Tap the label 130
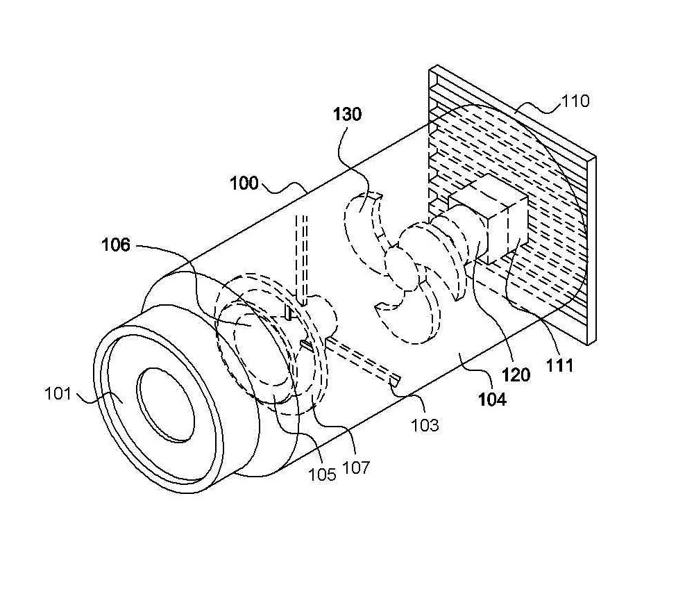(347, 114)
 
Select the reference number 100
(244, 183)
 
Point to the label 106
(116, 245)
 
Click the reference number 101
(58, 393)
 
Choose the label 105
(322, 475)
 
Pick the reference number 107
(356, 468)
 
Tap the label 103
(425, 425)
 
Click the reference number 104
(492, 399)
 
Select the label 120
(516, 375)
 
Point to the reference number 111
(559, 365)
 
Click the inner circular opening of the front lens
(166, 405)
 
